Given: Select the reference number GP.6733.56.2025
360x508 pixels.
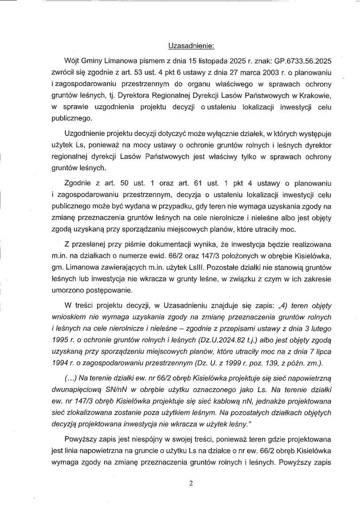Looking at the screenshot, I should (x=290, y=62).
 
